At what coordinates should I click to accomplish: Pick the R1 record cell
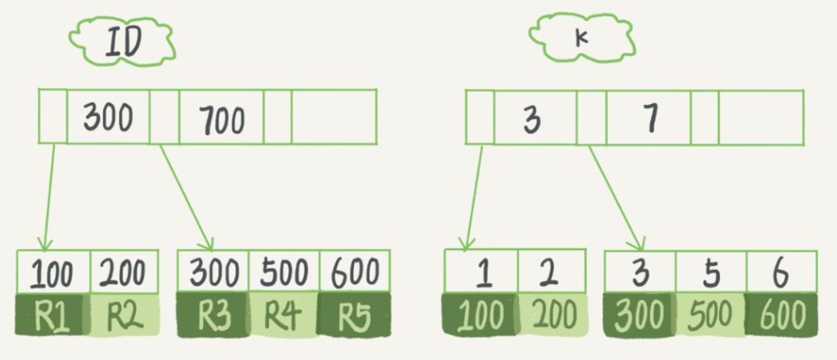51,316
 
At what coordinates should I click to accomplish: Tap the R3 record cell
213,316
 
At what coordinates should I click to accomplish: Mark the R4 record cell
283,316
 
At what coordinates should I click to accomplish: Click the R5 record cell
353,316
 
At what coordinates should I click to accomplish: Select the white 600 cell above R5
353,271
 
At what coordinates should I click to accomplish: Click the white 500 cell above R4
283,271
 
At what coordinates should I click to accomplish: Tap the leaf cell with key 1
481,272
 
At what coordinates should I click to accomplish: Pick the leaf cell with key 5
711,272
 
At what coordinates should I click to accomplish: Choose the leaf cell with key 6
781,272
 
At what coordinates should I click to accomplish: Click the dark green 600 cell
781,316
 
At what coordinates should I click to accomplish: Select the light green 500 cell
711,316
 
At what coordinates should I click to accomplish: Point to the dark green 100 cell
481,316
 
